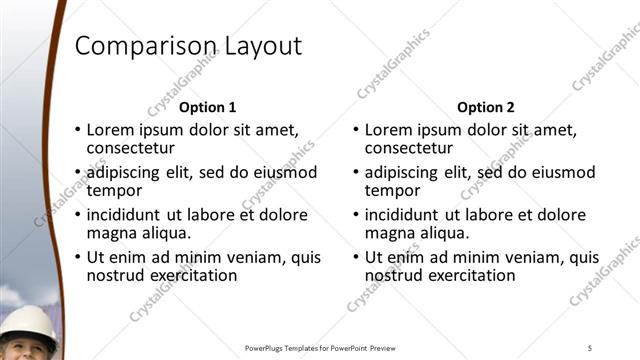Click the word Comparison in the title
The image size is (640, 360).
point(142,46)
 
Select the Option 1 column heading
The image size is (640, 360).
point(207,107)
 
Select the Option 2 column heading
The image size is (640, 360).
point(485,107)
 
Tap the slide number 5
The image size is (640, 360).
point(589,347)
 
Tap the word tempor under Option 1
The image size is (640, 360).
point(114,191)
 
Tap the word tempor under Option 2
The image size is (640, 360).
point(392,191)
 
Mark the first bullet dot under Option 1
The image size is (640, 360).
point(78,131)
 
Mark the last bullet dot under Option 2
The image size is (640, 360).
point(356,258)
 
